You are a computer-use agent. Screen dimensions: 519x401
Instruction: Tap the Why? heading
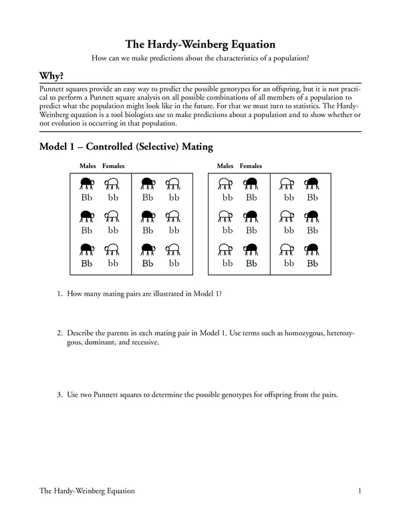point(53,76)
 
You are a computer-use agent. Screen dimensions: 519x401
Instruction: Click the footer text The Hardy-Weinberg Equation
point(87,491)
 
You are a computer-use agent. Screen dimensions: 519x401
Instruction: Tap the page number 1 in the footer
point(360,491)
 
